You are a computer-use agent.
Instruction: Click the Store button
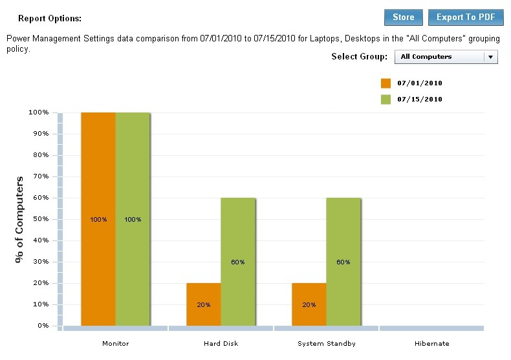[x=403, y=17]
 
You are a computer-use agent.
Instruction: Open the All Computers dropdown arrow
[x=491, y=57]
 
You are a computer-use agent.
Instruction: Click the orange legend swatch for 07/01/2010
[x=386, y=83]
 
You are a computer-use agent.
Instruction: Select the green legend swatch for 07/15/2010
[x=386, y=100]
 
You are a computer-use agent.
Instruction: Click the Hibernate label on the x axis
[x=431, y=343]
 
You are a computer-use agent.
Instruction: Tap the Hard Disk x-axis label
[x=221, y=343]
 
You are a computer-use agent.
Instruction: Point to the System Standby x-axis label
[x=326, y=343]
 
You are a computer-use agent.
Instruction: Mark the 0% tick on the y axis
[x=42, y=326]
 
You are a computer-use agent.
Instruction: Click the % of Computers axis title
[x=20, y=219]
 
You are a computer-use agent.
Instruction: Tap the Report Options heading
[x=50, y=19]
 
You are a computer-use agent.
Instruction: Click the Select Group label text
[x=359, y=57]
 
